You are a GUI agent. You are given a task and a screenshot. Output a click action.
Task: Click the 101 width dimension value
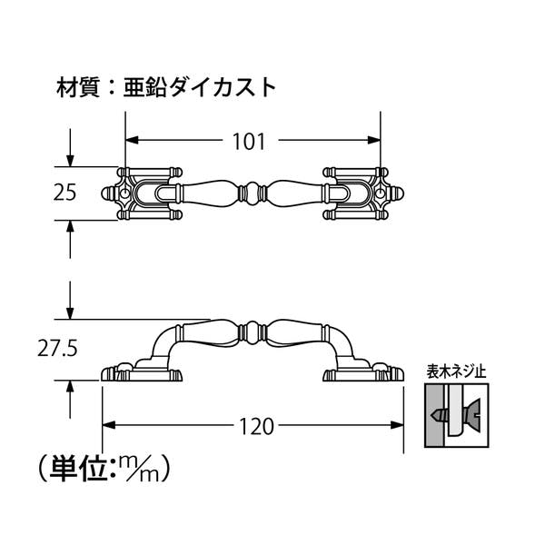click(x=249, y=142)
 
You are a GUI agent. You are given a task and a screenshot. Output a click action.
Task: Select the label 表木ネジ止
click(x=457, y=371)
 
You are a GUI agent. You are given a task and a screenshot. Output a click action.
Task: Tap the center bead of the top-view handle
click(x=252, y=193)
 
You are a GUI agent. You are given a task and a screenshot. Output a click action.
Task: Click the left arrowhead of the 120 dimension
click(x=107, y=424)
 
